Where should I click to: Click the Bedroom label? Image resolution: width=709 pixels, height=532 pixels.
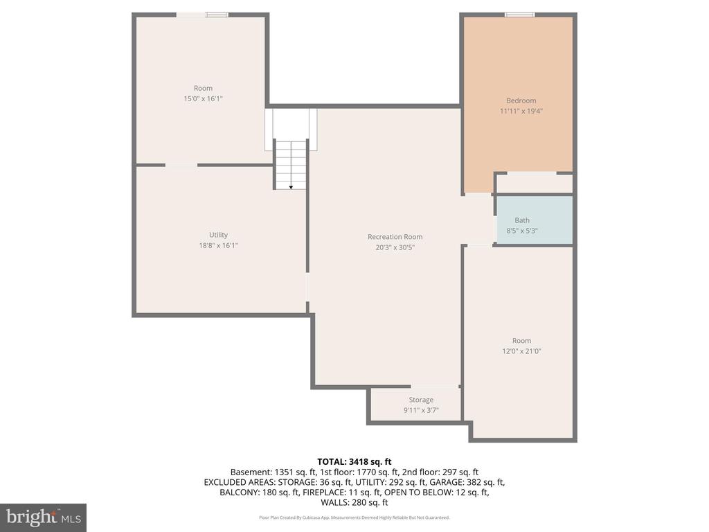[x=521, y=100]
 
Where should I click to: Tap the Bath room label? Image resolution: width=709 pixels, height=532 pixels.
[x=522, y=220]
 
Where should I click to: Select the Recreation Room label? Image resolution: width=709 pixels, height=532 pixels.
[x=395, y=237]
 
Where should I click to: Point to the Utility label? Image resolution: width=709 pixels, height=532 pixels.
[x=218, y=235]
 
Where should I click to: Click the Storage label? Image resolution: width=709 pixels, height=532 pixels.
[x=421, y=400]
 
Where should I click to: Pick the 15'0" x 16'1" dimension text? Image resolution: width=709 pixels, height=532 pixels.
[x=203, y=98]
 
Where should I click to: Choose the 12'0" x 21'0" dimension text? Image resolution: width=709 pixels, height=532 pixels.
[x=521, y=351]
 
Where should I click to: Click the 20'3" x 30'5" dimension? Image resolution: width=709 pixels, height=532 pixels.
[x=395, y=247]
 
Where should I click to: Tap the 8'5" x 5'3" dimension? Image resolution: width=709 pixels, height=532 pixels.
[x=522, y=231]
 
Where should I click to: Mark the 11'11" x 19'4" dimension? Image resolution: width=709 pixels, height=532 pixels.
[x=521, y=111]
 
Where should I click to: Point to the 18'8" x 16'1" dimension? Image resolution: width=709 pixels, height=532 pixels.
[x=218, y=246]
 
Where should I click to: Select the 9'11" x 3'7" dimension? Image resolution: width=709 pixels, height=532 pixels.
[x=421, y=410]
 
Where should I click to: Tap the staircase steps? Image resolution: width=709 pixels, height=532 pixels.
[x=291, y=165]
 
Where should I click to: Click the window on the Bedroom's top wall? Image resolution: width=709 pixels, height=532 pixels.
[x=519, y=15]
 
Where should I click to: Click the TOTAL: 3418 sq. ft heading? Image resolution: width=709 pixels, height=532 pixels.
[x=354, y=462]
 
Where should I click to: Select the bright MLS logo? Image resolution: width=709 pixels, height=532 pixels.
[x=43, y=517]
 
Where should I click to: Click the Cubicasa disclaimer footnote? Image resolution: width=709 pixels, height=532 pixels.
[x=354, y=517]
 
